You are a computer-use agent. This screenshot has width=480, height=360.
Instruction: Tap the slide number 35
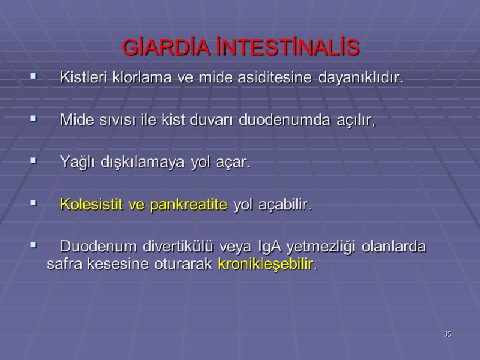pos(447,334)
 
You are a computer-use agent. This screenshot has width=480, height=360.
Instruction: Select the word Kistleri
pos(84,78)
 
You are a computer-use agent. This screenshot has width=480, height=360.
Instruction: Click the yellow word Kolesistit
pos(89,205)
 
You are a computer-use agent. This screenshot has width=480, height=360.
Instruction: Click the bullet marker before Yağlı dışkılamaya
pos(33,162)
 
